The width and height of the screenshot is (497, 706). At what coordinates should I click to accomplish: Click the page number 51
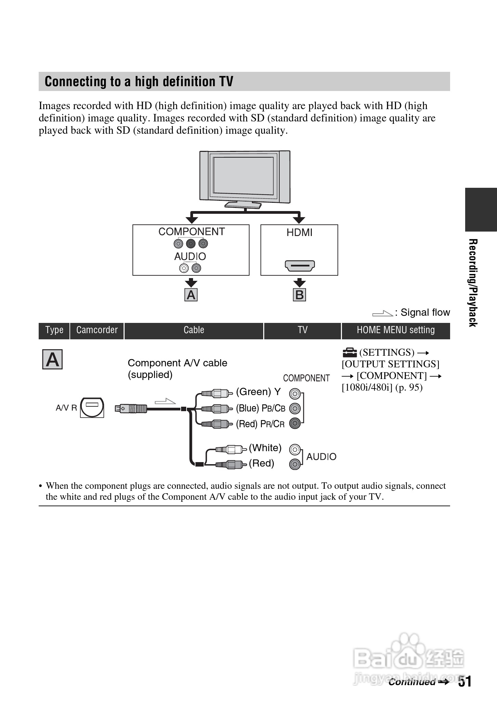465,681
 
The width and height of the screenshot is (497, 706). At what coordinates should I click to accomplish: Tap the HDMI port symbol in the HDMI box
300,265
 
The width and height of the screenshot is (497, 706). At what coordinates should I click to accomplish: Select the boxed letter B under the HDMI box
300,295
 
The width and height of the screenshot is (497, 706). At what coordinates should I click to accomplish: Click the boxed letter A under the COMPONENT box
191,295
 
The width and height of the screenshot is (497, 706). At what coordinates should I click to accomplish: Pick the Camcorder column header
97,330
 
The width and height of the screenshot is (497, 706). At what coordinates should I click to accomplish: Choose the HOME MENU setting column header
396,330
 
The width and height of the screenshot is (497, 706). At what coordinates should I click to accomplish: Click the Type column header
54,330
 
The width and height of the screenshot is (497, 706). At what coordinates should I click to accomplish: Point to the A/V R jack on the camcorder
92,407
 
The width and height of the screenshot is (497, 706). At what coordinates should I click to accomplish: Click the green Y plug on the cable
215,393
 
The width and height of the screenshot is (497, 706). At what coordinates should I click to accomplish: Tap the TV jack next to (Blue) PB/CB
295,408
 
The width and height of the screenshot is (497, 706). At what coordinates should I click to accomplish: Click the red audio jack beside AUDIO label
295,464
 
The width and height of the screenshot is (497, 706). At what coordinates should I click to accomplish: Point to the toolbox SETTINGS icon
349,352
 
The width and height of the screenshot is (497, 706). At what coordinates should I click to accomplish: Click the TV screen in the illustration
243,176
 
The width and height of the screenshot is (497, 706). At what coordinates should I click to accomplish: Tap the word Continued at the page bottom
412,682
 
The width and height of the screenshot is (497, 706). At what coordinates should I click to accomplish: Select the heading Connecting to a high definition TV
139,82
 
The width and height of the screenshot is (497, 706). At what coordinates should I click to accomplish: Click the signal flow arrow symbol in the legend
382,313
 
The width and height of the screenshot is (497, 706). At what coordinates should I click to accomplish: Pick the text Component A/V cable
177,363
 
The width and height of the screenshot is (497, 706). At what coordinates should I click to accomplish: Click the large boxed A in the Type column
52,359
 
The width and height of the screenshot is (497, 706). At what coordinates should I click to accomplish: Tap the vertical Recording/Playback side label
473,283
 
